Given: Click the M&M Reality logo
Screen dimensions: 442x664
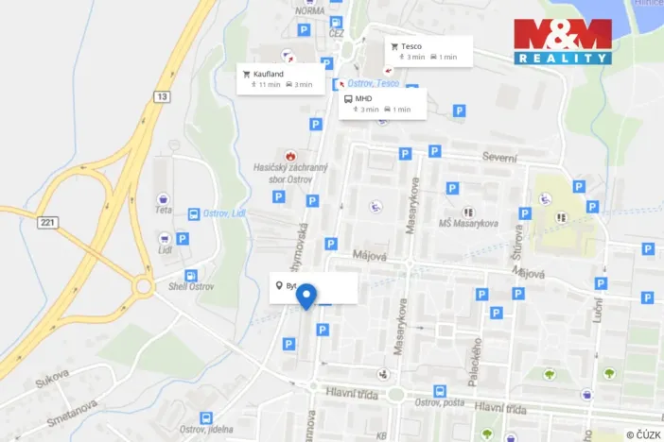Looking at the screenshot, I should (563, 41).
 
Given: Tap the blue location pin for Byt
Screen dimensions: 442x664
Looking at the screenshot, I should (306, 296).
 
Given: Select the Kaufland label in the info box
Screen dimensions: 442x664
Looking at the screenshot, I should (270, 73).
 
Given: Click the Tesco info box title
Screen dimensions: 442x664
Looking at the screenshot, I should (411, 45).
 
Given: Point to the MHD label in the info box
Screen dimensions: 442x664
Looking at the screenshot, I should (364, 97).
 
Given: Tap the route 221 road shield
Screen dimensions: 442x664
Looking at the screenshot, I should (48, 222).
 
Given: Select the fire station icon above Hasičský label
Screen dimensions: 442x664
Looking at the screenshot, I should (289, 154).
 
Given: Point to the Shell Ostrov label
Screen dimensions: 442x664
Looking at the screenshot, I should (192, 287).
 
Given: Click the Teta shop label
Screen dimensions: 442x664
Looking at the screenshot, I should (165, 211).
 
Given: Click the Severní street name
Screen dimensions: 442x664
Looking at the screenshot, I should (500, 157).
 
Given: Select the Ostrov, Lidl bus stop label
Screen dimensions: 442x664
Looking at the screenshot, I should (223, 213).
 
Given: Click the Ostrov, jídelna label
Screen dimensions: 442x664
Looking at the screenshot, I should (205, 430).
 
